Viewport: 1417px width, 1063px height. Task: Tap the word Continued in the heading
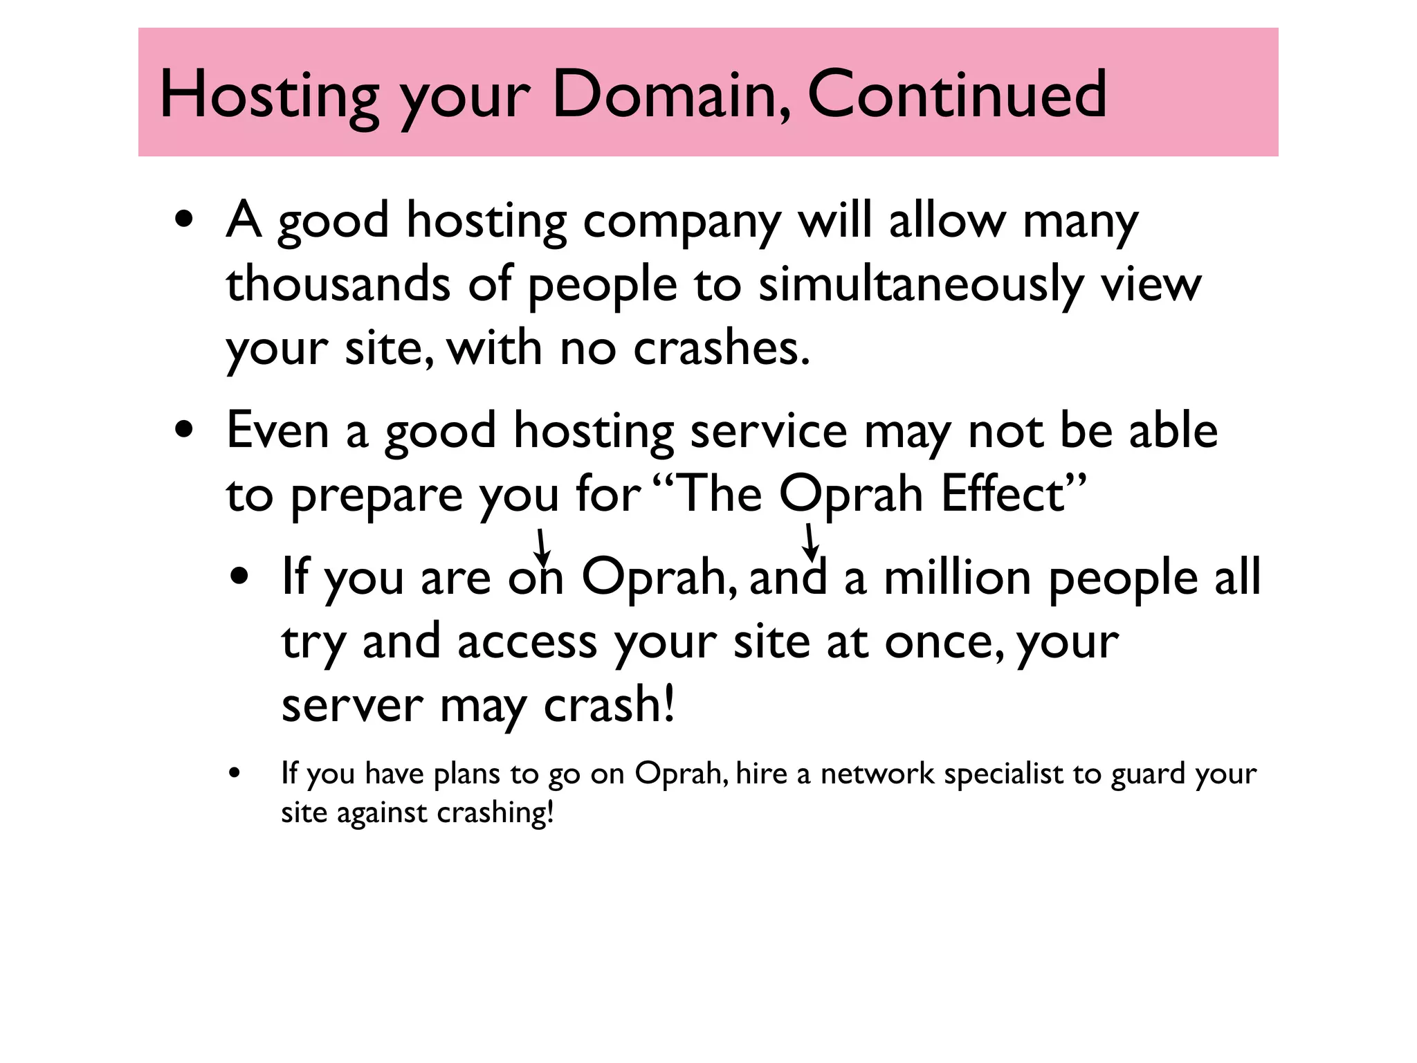(x=957, y=95)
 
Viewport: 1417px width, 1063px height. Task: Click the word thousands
(x=338, y=284)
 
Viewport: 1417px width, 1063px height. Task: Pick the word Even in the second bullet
(x=277, y=431)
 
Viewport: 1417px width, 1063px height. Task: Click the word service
(x=769, y=431)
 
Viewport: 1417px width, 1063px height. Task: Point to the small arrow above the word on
(x=543, y=547)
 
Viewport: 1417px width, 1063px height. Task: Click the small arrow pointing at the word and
(x=810, y=543)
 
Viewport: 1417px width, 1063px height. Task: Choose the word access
(x=527, y=643)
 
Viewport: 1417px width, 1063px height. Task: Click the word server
(x=352, y=707)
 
